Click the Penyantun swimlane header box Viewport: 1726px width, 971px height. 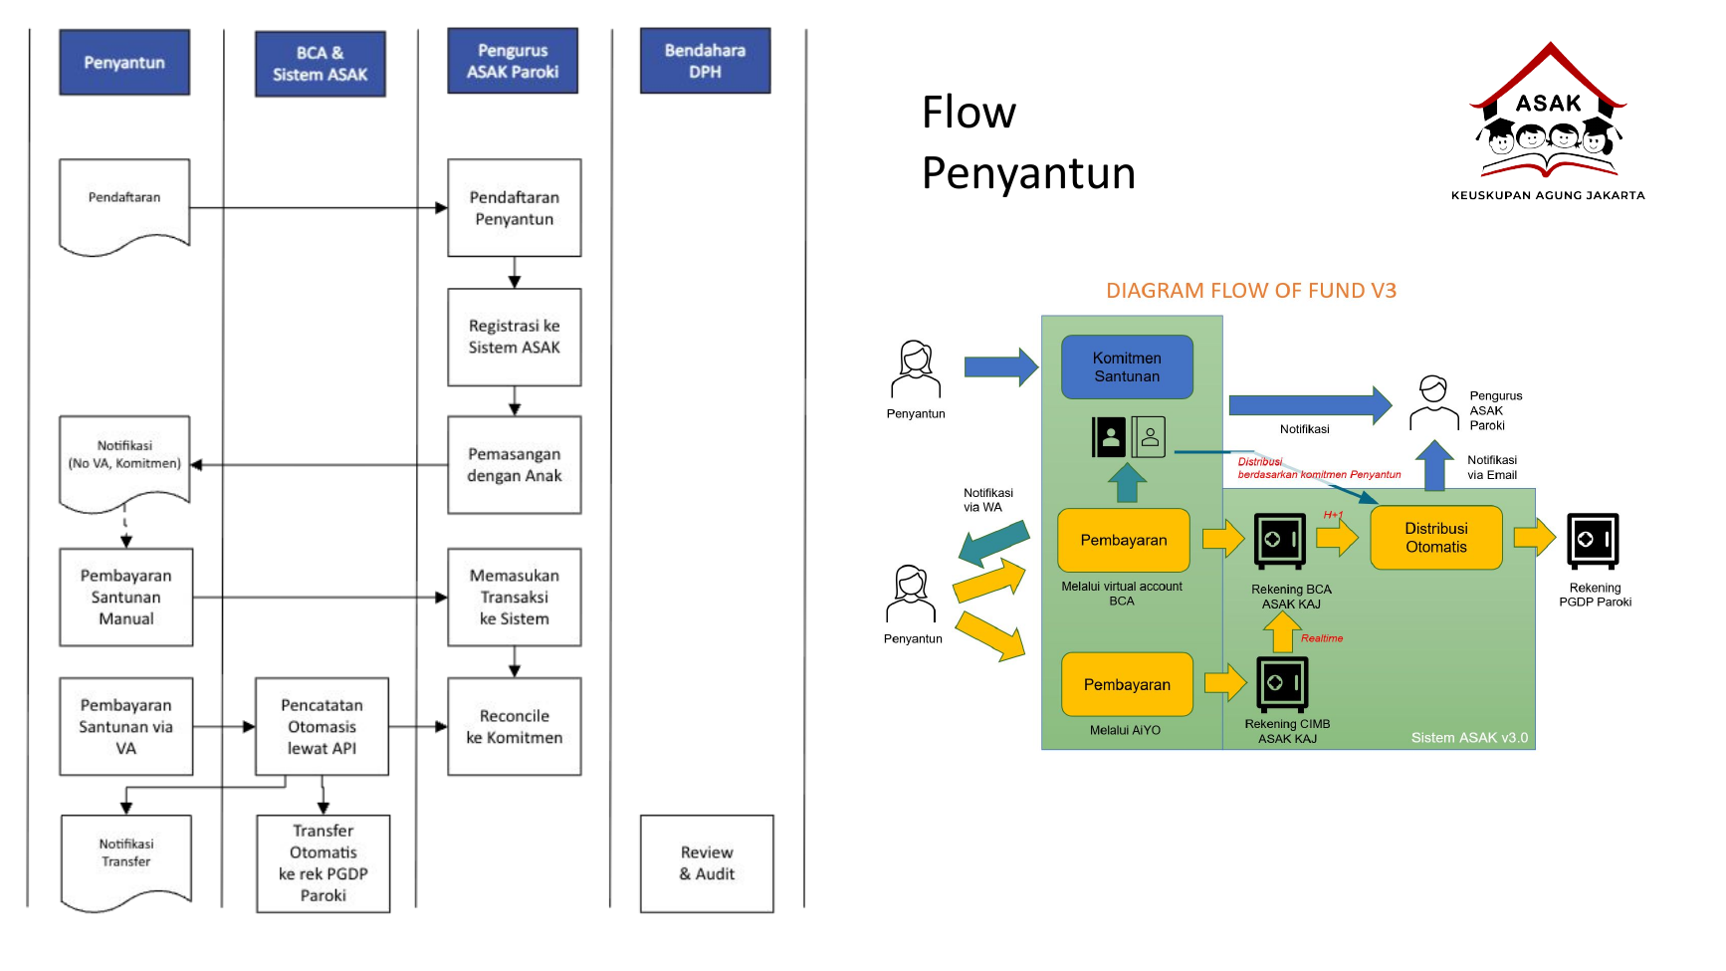(124, 63)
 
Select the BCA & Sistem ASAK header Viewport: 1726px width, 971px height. (320, 64)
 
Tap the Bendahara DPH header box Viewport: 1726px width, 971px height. (705, 62)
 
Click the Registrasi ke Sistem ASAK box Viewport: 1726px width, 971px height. (514, 337)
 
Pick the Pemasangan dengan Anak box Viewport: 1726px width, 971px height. (514, 465)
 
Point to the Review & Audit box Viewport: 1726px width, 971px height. (707, 863)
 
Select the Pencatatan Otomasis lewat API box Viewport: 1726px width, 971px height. (322, 727)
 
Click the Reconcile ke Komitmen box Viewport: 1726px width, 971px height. (514, 727)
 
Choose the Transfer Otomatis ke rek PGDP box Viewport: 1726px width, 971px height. (323, 863)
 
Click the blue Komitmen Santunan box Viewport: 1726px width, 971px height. (1127, 367)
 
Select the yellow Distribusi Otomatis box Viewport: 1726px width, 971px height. (1435, 538)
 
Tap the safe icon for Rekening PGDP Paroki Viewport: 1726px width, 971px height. (1593, 541)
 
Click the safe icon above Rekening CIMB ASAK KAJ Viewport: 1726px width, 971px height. (1282, 684)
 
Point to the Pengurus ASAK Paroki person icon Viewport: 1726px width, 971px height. (1433, 403)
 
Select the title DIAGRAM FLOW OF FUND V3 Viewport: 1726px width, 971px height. (1251, 291)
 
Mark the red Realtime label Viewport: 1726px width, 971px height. (1322, 638)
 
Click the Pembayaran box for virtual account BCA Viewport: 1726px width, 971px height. (1124, 540)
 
